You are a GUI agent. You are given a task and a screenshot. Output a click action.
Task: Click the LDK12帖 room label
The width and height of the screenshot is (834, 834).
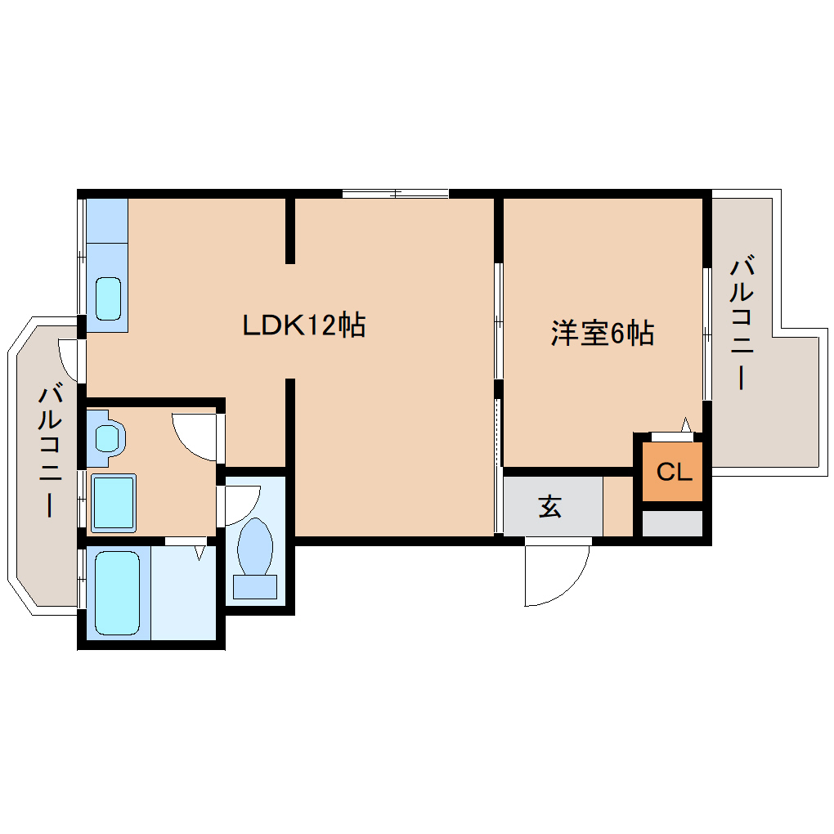click(303, 325)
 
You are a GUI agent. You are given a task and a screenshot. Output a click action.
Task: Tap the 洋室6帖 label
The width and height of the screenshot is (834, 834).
click(602, 334)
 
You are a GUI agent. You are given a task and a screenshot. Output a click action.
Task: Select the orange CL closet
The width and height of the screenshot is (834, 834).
click(673, 471)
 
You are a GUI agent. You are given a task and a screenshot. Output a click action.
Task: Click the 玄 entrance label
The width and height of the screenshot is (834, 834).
click(550, 506)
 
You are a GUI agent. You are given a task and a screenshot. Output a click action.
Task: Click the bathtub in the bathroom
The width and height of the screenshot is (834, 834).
click(118, 593)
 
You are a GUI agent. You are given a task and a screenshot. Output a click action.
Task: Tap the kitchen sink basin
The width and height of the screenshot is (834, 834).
click(108, 298)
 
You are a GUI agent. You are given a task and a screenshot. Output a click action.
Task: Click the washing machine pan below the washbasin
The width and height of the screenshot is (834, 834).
click(114, 503)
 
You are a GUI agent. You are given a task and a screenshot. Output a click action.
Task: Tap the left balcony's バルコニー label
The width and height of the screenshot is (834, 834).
click(49, 450)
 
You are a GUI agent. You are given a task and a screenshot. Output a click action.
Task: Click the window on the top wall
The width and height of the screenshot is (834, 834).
click(395, 194)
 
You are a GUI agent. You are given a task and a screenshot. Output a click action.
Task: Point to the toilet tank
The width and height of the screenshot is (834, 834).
click(255, 587)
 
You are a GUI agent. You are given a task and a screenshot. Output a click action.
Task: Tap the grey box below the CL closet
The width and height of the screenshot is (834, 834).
click(673, 523)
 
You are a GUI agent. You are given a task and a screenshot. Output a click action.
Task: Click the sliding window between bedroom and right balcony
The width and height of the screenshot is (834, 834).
click(707, 334)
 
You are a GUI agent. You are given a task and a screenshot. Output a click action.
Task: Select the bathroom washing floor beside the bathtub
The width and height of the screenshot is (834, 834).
click(183, 593)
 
